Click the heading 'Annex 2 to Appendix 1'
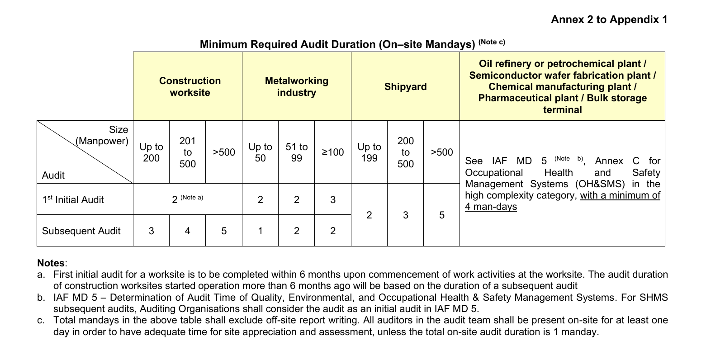point(609,19)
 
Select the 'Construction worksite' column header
point(190,86)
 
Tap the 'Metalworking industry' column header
point(297,86)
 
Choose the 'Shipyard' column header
point(405,86)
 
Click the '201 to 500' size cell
point(187,152)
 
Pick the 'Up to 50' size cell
point(260,152)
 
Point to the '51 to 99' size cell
point(296,152)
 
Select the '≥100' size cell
point(333,152)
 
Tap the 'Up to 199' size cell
point(369,152)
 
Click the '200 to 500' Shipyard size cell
point(405,152)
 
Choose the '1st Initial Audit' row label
point(73,199)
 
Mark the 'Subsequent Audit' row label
point(81,231)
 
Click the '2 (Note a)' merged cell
point(187,199)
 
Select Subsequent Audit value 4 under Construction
point(187,231)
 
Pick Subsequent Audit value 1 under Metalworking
point(260,231)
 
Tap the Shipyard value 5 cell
point(441,215)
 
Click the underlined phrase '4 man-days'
point(491,207)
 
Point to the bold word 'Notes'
point(51,263)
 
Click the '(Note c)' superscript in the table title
point(492,42)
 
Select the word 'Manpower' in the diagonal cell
point(102,141)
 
